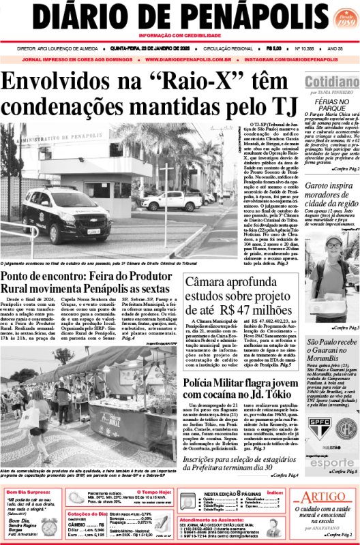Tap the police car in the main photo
pos(66,215)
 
